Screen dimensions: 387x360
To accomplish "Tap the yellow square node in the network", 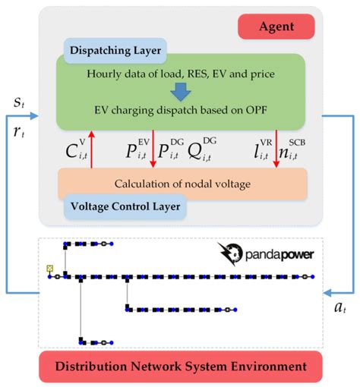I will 50,268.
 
